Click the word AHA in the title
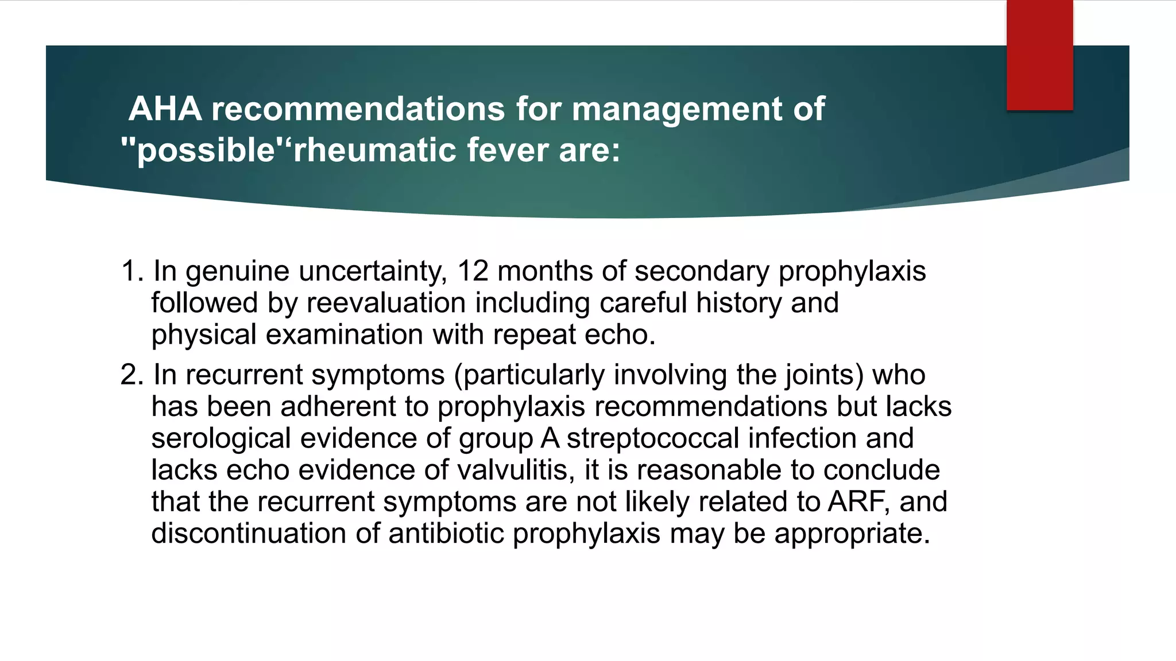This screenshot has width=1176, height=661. coord(165,108)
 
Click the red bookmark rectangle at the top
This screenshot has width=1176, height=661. coord(1039,55)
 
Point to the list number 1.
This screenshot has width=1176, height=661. coord(131,271)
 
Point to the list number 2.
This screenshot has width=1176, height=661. coord(131,375)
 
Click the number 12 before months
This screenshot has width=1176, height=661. coord(473,271)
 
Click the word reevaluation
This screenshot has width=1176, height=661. coord(386,303)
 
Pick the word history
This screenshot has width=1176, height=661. coord(738,303)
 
